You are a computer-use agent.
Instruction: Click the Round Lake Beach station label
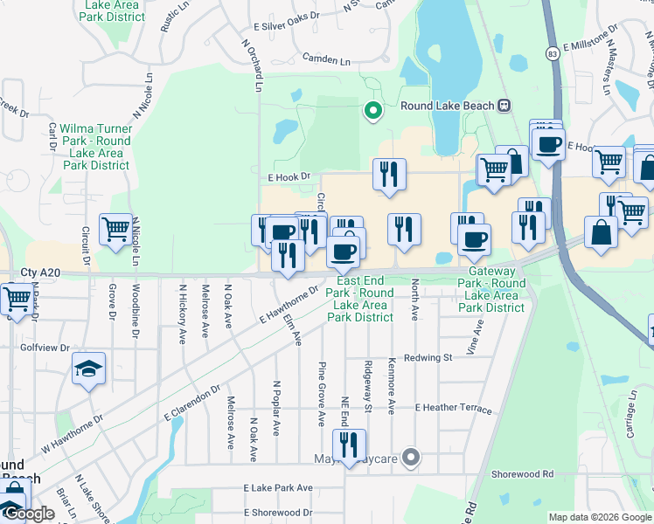tap(448, 106)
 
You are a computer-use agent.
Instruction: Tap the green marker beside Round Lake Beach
tap(372, 110)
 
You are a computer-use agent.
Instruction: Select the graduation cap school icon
tap(89, 369)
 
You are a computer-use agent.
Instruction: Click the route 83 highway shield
tap(552, 54)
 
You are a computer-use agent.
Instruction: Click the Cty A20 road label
tap(40, 273)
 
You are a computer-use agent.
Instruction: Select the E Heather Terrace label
tap(454, 408)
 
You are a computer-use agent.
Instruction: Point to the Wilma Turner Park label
tap(89, 141)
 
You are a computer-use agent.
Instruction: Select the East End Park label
tap(359, 299)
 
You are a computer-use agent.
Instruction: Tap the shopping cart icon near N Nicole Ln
tap(115, 229)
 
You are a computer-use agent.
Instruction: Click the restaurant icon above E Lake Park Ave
tap(349, 445)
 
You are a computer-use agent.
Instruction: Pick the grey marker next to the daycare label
tap(414, 457)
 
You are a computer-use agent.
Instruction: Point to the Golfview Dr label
tap(45, 348)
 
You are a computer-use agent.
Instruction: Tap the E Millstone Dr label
tap(590, 44)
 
